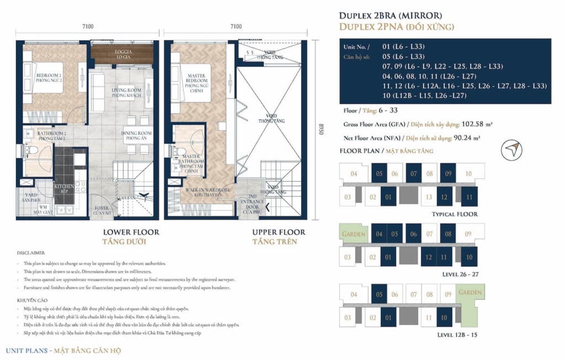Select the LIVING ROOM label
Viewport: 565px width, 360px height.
pyautogui.click(x=127, y=92)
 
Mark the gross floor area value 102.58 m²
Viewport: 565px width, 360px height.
pyautogui.click(x=460, y=124)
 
